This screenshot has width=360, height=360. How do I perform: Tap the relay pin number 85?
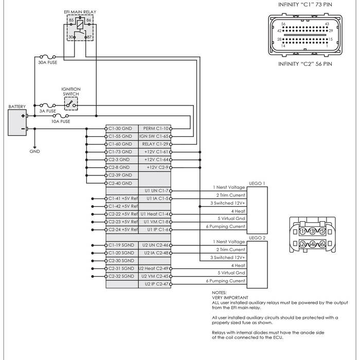pos(71,20)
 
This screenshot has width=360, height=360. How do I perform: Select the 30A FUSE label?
pos(47,63)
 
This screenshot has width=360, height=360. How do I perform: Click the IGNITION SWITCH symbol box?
pos(71,105)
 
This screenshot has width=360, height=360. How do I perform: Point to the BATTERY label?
pos(17,106)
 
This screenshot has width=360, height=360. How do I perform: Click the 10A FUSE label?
pos(61,121)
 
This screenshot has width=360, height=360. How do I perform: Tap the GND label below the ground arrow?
pos(34,152)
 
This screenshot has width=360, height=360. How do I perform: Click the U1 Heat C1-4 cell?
pos(155,213)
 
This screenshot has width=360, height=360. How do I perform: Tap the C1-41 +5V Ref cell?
pos(122,198)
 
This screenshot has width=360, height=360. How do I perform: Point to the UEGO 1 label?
pos(257,183)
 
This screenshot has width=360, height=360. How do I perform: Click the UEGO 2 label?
pos(257,238)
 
